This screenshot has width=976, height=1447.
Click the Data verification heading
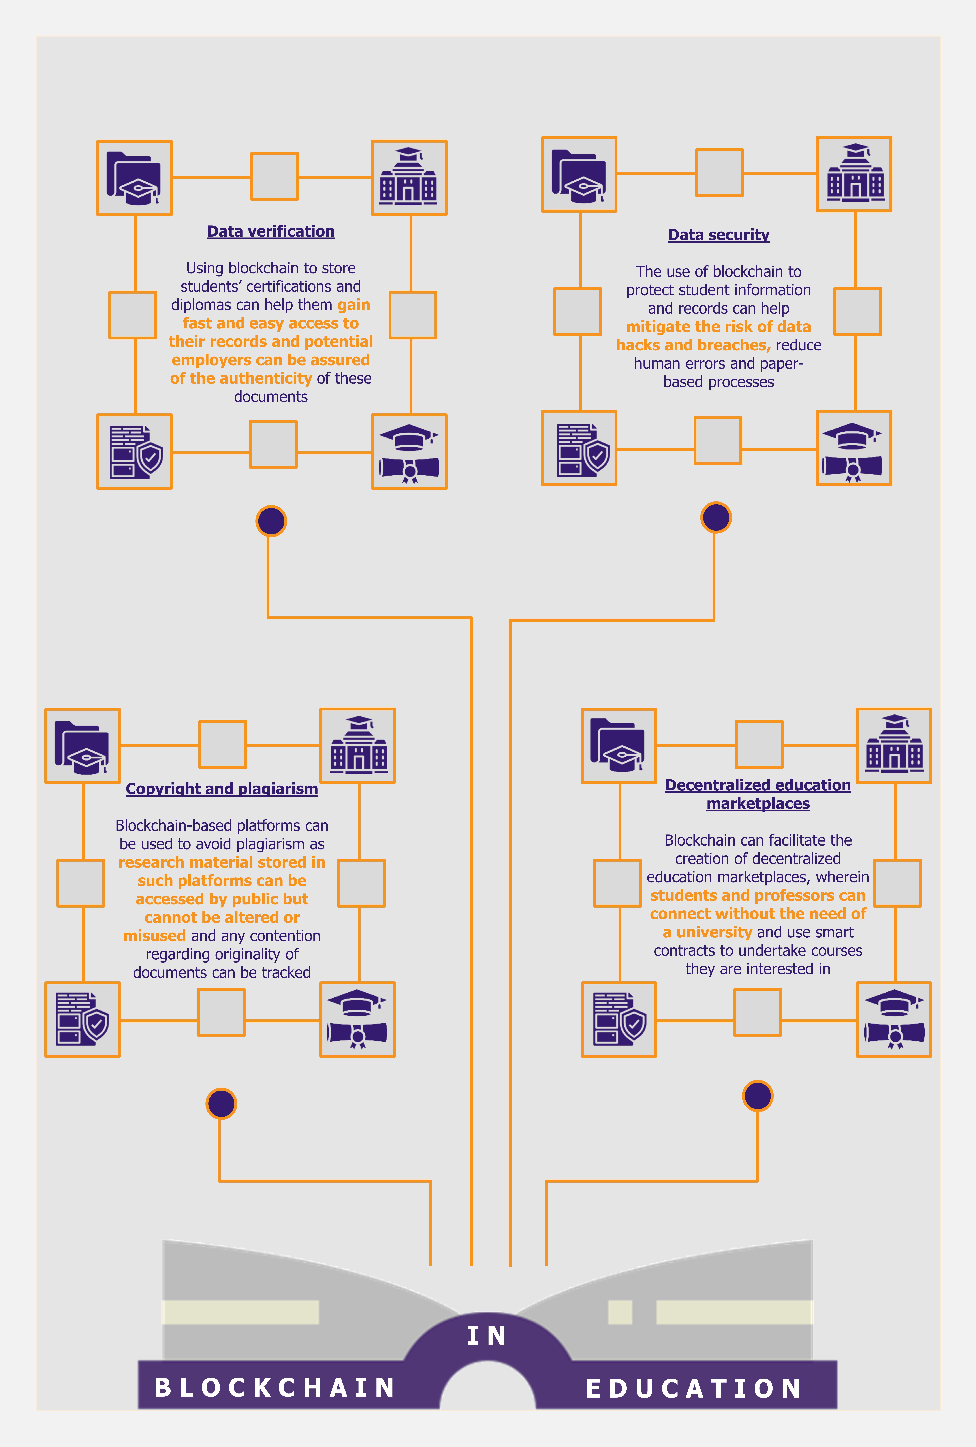pos(271,232)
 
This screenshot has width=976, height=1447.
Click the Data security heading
pos(718,235)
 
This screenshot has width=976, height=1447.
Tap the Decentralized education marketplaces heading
pos(758,794)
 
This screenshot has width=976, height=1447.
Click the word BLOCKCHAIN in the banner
pos(275,1387)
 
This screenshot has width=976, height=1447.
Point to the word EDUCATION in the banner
pos(693,1388)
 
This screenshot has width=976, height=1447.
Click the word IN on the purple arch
pos(487,1336)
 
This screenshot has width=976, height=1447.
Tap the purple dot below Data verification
pos(271,521)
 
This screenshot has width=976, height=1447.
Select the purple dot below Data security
pos(716,517)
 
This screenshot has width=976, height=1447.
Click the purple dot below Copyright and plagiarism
pos(221,1103)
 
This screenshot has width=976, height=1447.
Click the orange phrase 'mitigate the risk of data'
pos(718,327)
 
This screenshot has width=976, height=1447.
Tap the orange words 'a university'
pos(707,932)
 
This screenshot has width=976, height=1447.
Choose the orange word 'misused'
pos(154,936)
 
